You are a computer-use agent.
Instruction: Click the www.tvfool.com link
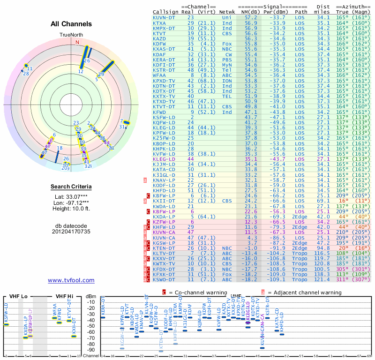point(71,280)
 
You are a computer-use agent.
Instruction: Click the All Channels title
point(71,24)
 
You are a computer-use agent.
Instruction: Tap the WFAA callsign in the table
point(159,75)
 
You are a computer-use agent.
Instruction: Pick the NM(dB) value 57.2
point(250,17)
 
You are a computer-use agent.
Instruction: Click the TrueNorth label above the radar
point(71,35)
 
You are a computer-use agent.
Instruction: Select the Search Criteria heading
point(71,187)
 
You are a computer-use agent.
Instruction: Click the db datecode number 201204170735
point(71,232)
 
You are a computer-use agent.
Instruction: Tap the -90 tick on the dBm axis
point(91,350)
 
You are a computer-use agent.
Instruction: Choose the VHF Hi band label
point(64,296)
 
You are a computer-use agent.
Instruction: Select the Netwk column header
point(227,11)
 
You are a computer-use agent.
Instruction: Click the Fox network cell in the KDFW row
point(227,43)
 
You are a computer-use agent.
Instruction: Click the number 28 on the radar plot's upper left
point(26,73)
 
